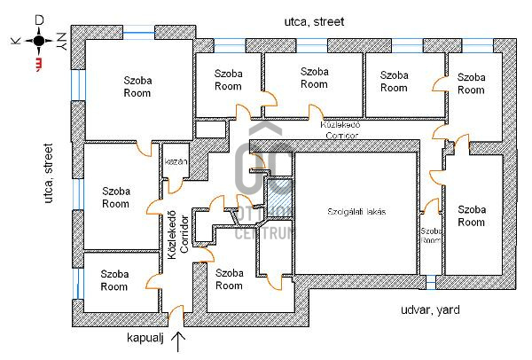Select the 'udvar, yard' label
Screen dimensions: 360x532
430,311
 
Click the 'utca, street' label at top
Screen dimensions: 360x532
314,20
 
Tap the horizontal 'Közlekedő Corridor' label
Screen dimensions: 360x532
341,130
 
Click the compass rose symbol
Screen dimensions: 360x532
38,41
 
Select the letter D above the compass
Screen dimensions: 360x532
38,20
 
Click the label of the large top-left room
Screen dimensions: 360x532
137,85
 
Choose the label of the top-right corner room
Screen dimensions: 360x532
472,83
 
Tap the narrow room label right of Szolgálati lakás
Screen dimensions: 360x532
430,235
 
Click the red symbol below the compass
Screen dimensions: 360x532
38,65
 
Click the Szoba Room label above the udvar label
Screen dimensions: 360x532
472,215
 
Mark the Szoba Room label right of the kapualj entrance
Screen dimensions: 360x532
229,279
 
